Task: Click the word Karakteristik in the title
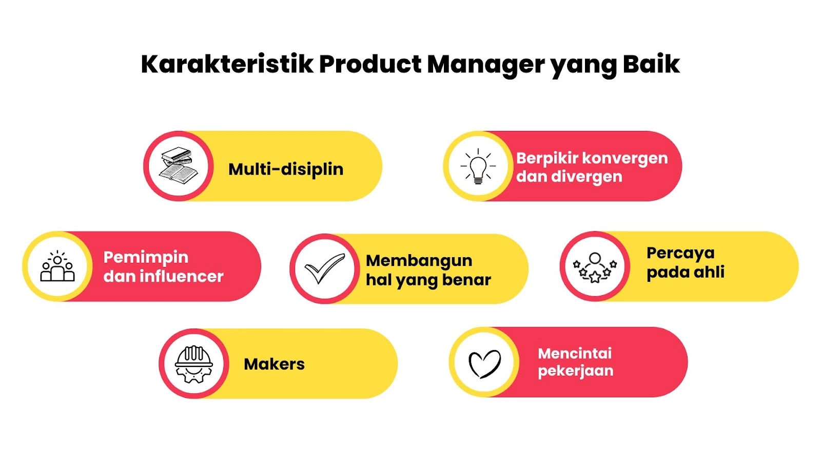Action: pos(227,65)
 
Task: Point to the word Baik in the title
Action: pos(651,65)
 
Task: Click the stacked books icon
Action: pos(179,166)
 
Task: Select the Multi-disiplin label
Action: pos(286,169)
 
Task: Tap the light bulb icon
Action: pos(478,166)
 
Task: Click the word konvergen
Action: pos(625,159)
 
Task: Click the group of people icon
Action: pos(57,266)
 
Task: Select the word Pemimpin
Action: pos(146,258)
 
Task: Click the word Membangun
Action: pos(419,261)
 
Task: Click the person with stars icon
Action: pos(595,267)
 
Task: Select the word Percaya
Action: pos(680,254)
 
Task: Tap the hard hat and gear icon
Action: pos(194,364)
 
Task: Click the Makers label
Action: pos(274,364)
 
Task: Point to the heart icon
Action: pos(485,364)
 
